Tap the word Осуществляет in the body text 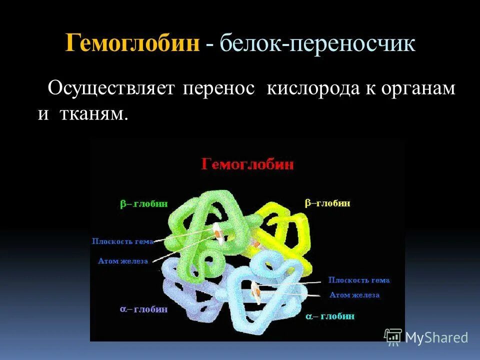click(111, 88)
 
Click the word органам click(418, 88)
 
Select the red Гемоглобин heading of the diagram click(247, 164)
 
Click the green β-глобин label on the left click(143, 204)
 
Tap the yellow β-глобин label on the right click(327, 203)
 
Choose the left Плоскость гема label click(122, 241)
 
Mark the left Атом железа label click(123, 261)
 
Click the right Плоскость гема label click(358, 280)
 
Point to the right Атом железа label click(354, 295)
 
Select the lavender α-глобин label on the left click(143, 309)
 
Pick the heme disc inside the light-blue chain click(256, 292)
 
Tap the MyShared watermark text click(436, 337)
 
